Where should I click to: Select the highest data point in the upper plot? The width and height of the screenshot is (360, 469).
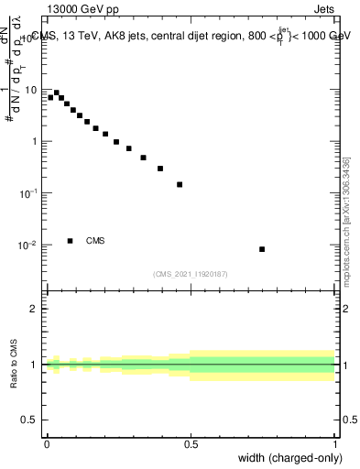coord(57,93)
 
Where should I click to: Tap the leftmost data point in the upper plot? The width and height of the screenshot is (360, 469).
coord(50,97)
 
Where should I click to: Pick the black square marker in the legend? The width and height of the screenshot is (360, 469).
coord(70,241)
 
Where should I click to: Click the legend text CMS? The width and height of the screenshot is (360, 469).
coord(95,241)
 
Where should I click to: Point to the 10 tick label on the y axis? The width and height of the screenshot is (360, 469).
coord(33,90)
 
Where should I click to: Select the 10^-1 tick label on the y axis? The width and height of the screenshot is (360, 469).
coord(30,193)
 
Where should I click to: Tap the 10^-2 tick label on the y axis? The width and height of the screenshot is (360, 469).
coord(30,245)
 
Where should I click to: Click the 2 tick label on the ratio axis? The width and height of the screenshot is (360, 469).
coord(35,309)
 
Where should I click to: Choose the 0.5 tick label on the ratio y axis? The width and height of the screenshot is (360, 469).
coord(31,421)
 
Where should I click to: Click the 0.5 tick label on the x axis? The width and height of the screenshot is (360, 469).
coord(191,442)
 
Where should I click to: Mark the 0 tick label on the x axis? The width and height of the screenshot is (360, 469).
coord(47,442)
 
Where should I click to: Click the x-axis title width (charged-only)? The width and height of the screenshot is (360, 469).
coord(289,457)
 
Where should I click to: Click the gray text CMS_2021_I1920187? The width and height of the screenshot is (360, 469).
coord(190,273)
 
